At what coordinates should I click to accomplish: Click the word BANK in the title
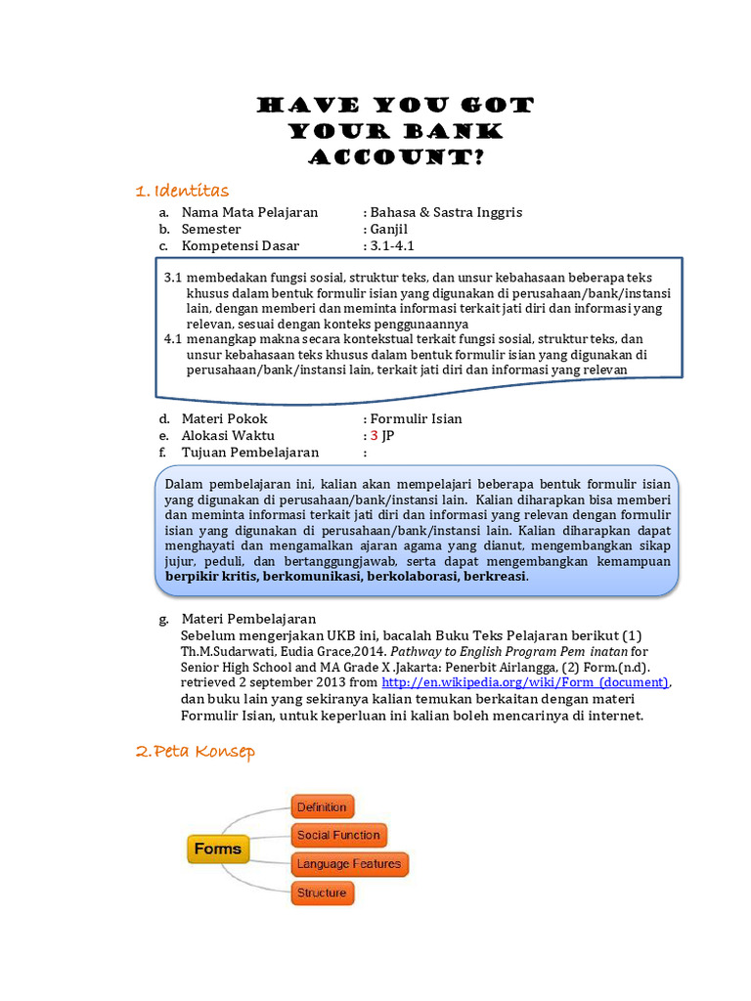pos(452,131)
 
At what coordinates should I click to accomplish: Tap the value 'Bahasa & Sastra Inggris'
pos(446,212)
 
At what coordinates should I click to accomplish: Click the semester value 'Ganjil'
pos(391,229)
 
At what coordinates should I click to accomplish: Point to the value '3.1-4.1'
pos(392,245)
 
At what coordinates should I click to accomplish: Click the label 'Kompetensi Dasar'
pos(241,245)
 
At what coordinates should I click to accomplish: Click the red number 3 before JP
pos(374,435)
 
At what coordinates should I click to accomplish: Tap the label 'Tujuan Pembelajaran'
pos(250,452)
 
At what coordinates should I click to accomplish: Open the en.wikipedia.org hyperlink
pos(525,681)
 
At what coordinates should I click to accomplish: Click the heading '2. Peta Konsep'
pos(196,751)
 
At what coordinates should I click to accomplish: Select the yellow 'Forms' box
pos(217,849)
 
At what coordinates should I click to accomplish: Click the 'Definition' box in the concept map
pos(322,806)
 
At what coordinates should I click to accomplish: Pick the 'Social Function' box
pos(338,835)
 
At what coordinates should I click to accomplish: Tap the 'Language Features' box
pos(349,864)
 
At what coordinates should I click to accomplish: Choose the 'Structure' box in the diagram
pos(322,892)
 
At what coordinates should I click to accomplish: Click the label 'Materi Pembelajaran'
pos(248,619)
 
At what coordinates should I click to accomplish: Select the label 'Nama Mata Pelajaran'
pos(249,212)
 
